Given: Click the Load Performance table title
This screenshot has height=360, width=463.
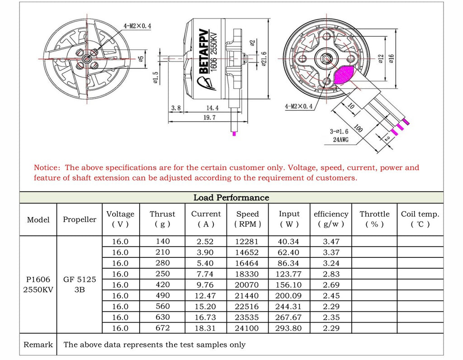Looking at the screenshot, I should click(231, 198).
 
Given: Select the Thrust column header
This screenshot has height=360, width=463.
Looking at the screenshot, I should click(162, 219).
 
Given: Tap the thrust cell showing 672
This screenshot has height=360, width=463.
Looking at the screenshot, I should click(162, 328).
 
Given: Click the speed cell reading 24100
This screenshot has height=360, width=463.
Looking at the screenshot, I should click(247, 328).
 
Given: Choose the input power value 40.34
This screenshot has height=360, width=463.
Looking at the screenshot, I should click(289, 242).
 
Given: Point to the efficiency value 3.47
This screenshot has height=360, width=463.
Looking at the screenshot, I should click(331, 242).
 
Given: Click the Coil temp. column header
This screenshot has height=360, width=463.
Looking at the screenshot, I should click(420, 219).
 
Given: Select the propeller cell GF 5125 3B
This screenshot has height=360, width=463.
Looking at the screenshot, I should click(80, 284).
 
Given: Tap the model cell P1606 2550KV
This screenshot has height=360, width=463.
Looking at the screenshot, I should click(38, 284).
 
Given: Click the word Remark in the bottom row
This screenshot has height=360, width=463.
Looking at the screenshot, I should click(38, 345).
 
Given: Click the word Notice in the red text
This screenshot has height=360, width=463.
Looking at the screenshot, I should click(47, 168).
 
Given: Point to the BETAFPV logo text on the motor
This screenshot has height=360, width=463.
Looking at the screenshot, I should click(203, 52).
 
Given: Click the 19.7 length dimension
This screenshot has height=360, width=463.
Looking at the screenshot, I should click(209, 117).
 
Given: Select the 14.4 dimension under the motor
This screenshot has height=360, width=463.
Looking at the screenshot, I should click(212, 108).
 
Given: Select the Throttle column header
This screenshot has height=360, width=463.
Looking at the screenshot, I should click(374, 219).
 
